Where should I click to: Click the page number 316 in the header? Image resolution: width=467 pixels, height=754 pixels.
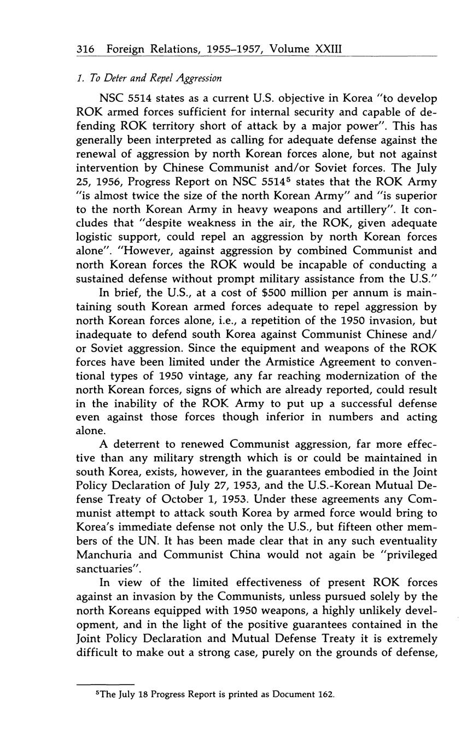click(x=85, y=49)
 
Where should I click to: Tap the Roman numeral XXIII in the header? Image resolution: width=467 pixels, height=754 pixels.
click(x=329, y=49)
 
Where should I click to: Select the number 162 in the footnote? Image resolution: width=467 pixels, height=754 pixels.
click(x=325, y=695)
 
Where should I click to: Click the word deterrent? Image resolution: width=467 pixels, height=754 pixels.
click(x=137, y=444)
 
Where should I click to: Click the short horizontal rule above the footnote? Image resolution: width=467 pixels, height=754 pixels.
click(x=106, y=683)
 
